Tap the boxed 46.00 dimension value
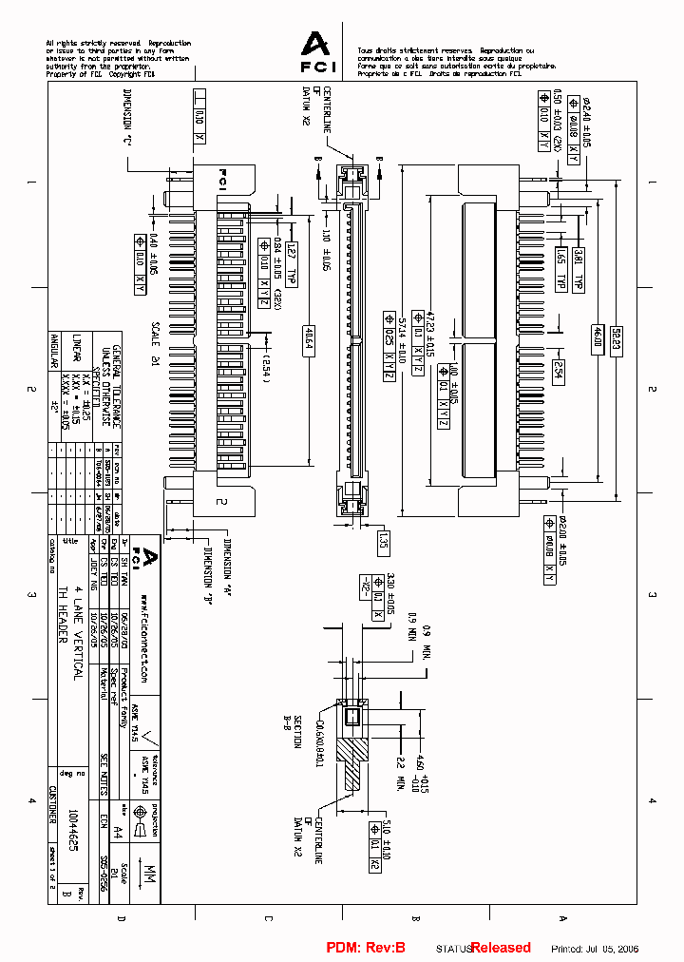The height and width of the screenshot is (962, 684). [x=598, y=339]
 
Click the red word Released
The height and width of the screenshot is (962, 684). [x=501, y=948]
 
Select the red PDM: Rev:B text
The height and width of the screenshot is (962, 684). [x=366, y=948]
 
